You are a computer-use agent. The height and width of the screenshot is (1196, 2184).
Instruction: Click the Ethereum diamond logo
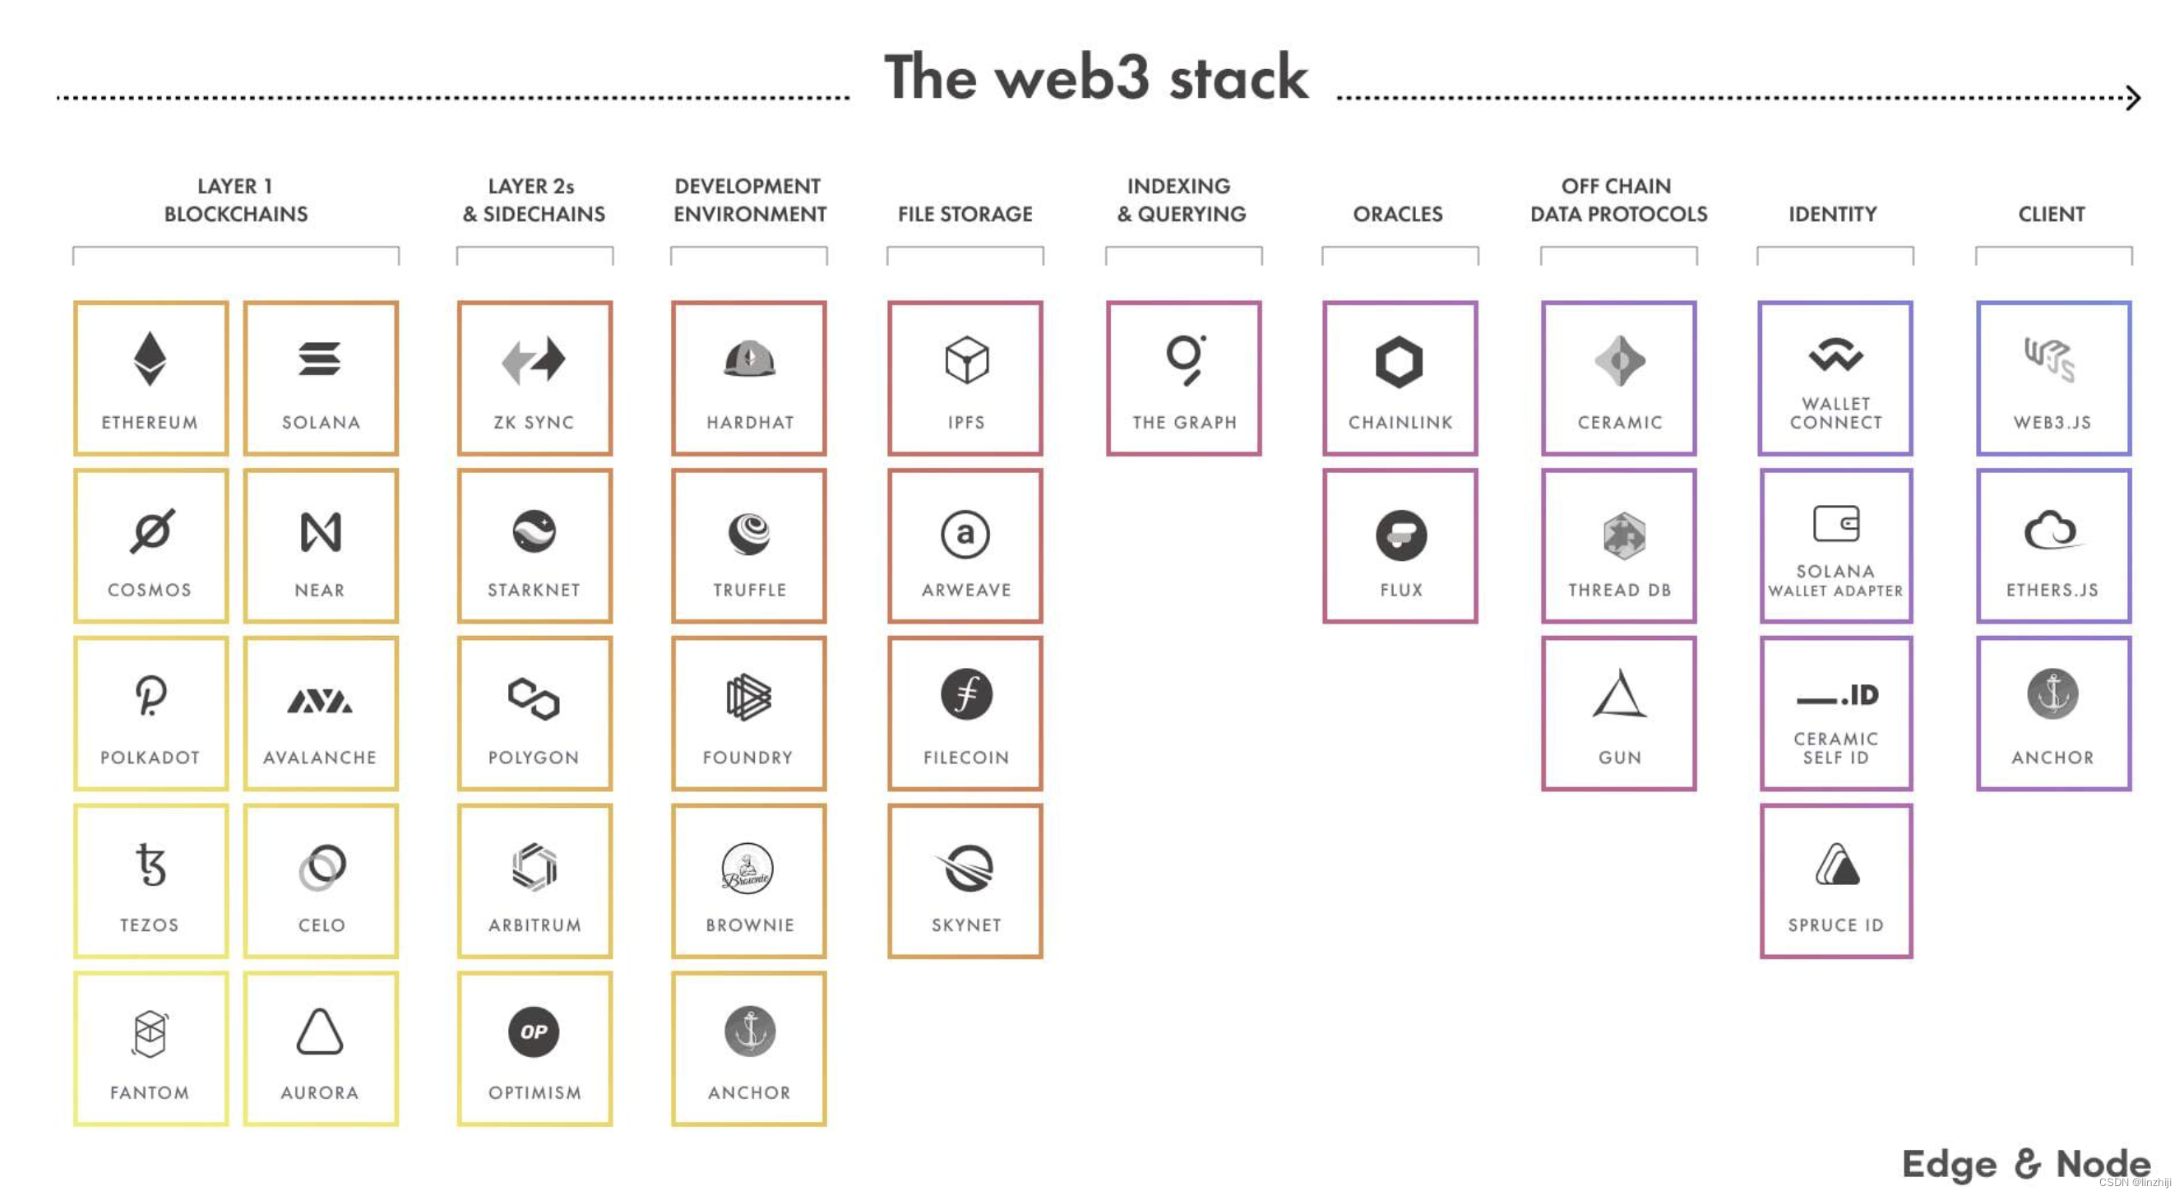tap(150, 358)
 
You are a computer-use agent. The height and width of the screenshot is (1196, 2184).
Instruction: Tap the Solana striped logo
tap(320, 359)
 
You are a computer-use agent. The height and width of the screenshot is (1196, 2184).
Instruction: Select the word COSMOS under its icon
tap(150, 590)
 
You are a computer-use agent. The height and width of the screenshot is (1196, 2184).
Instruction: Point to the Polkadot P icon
tap(151, 696)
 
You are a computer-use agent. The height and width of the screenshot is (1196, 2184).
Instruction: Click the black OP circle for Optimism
tap(534, 1031)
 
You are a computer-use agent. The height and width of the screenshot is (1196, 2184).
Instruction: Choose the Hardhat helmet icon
tap(748, 359)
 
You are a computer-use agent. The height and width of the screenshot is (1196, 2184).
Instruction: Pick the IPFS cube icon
tap(966, 359)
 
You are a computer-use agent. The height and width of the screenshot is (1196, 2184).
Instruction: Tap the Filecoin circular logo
tap(966, 695)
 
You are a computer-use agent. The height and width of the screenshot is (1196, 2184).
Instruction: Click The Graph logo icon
tap(1184, 359)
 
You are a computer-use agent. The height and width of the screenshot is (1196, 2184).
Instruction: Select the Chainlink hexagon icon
tap(1399, 362)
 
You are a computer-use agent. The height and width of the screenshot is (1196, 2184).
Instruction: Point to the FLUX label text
tap(1400, 590)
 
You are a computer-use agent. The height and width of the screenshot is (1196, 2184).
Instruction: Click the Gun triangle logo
tap(1619, 695)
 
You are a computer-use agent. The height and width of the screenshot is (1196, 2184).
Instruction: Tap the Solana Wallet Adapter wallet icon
tap(1835, 523)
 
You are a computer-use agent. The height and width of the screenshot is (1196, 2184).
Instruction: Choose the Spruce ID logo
tap(1836, 865)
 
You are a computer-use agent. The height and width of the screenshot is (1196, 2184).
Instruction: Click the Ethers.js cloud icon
tap(2051, 531)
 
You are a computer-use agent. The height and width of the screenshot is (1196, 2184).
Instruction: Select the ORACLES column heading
tap(1397, 214)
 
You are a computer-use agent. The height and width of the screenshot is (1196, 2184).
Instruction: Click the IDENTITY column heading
tap(1832, 214)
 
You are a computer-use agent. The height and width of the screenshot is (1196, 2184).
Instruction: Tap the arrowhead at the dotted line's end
tap(2133, 98)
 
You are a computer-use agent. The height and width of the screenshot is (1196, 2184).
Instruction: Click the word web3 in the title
tap(1072, 78)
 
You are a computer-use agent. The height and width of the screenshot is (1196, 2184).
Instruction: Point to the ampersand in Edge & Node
tap(2026, 1163)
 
